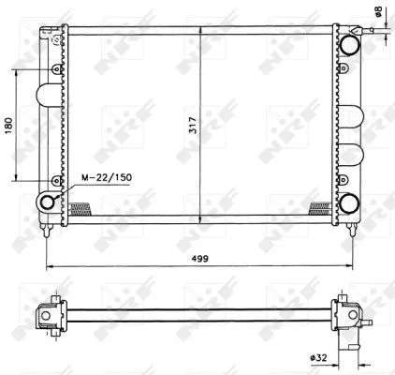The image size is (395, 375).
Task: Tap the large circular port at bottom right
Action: [350, 204]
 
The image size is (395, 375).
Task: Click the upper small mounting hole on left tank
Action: [56, 69]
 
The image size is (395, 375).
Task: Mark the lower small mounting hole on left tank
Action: [56, 179]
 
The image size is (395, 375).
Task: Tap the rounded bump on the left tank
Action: [43, 97]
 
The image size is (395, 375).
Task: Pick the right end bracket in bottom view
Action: [346, 315]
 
